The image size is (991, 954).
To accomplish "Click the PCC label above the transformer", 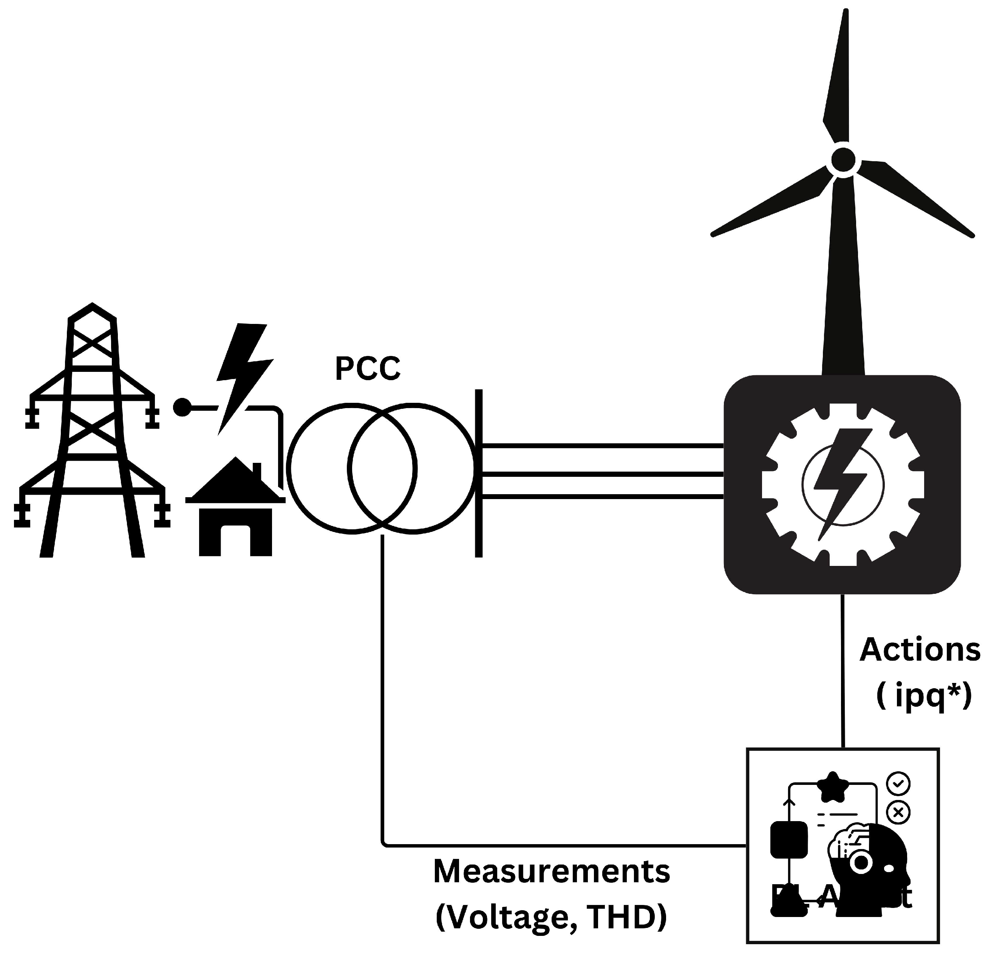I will (x=368, y=369).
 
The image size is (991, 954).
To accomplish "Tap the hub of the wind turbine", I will (x=843, y=160).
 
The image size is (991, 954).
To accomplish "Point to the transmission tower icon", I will (x=92, y=435).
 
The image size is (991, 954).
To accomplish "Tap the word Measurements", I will (x=552, y=872).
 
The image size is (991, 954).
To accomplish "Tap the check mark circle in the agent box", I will (x=898, y=784).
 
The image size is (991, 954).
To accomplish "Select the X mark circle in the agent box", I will (x=898, y=812).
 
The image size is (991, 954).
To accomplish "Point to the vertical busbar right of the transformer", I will (x=478, y=473).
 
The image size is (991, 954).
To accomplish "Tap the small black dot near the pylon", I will (x=182, y=407).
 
